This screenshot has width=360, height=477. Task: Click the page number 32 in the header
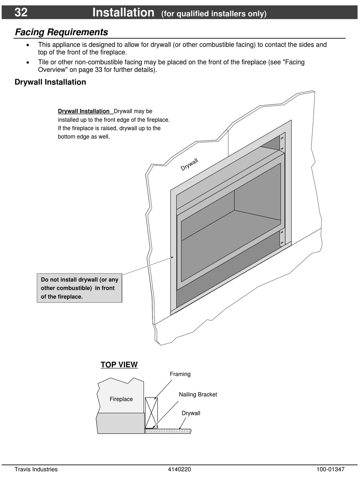tap(21, 12)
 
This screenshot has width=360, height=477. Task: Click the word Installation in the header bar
tap(123, 12)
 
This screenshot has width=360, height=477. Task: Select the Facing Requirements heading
tap(61, 32)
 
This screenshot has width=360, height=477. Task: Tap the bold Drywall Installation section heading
tap(50, 82)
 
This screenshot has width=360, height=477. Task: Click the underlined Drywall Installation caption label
tap(84, 111)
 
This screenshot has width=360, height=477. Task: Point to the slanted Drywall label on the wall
tap(189, 164)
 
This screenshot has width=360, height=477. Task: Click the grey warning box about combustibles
tap(80, 288)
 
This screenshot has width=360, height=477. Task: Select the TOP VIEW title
tap(119, 365)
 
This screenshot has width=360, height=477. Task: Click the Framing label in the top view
tap(180, 374)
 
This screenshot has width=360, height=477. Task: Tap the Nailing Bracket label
tap(198, 394)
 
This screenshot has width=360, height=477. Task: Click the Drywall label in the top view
tap(191, 413)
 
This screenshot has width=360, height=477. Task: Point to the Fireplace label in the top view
tap(121, 399)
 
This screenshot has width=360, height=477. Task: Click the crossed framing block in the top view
tap(151, 413)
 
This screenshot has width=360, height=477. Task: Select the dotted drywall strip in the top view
tap(168, 431)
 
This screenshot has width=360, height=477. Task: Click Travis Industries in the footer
tap(36, 469)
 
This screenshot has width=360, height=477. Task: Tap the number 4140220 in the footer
tap(179, 469)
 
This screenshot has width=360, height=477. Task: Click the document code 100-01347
tap(330, 469)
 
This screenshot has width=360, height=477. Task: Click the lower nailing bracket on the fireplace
tap(282, 238)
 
